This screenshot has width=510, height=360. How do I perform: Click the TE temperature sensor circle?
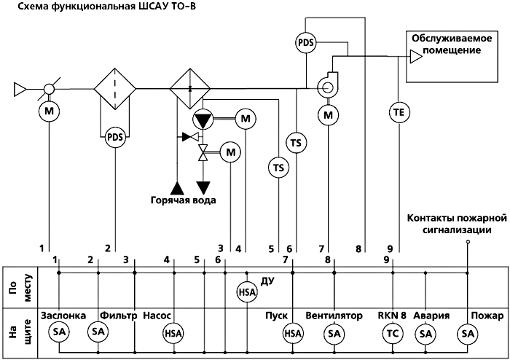pos(399,112)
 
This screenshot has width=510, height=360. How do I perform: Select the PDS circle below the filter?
pos(115,137)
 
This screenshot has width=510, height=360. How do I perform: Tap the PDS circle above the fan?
pos(306,42)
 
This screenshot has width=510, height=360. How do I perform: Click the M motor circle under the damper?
pos(49,111)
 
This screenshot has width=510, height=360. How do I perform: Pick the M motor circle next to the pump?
pos(246,119)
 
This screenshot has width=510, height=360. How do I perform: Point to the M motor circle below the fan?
pos(329,115)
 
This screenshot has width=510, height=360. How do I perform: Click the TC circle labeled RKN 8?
pos(393,334)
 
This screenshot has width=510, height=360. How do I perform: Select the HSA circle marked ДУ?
pos(247,292)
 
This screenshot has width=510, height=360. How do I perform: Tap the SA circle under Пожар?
pos(468,334)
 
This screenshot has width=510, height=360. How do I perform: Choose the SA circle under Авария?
pos(425,334)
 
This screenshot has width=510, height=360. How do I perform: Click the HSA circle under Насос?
pos(173,333)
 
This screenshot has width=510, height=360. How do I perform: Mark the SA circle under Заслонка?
pos(59,332)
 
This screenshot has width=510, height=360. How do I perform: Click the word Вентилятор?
pos(334,316)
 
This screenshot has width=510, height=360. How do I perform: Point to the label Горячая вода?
pos(183,200)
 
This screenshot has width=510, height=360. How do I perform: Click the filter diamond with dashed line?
pos(115,88)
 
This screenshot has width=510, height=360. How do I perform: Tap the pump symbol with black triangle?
pos(203,119)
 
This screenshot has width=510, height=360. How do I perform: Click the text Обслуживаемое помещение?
pos(452,44)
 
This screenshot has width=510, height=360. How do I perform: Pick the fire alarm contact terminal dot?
pos(468,242)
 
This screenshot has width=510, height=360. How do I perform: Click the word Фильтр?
pos(118,316)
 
